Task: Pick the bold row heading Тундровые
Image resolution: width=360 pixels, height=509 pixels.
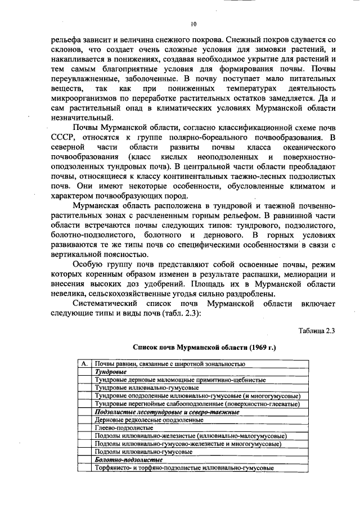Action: coord(110,372)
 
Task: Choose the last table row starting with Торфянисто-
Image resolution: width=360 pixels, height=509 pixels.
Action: coord(184,467)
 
